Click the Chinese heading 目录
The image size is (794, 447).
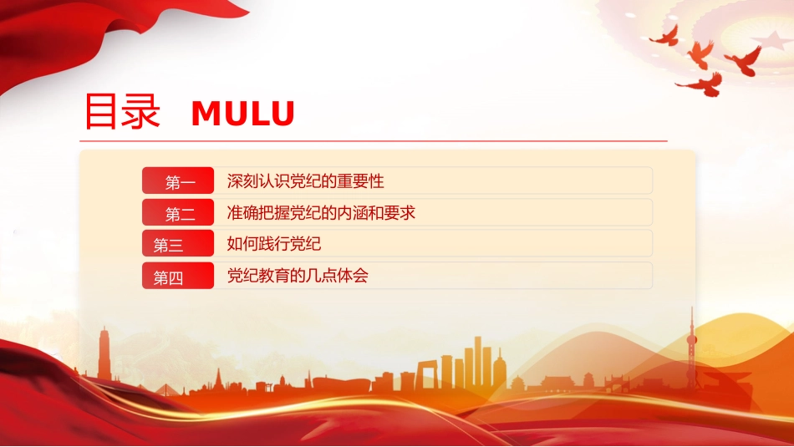123,111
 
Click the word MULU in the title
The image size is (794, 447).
243,114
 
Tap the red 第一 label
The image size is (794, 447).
178,180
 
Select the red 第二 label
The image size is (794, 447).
178,212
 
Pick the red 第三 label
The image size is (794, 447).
178,243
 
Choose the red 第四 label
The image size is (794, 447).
178,276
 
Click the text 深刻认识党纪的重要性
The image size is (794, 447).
305,180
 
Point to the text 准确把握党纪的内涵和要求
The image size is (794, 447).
321,212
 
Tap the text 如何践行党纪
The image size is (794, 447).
274,244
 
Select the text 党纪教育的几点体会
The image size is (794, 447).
298,276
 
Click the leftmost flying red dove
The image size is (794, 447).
665,37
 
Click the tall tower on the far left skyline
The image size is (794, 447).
104,354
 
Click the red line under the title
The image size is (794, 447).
374,141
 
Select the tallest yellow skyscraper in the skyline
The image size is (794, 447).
477,362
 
